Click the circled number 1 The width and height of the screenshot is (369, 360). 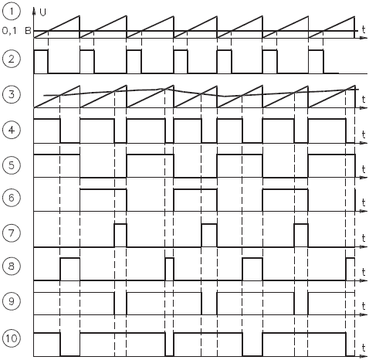(x=12, y=12)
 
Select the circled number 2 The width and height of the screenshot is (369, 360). (x=12, y=59)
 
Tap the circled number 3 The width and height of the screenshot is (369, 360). (x=12, y=94)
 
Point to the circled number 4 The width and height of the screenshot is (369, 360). (x=12, y=130)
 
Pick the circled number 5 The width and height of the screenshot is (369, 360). (x=12, y=165)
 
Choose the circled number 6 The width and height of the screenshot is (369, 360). (x=12, y=198)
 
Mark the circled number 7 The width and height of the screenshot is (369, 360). (x=12, y=233)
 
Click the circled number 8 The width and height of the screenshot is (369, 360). (x=12, y=267)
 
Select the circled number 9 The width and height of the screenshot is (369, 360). (x=12, y=301)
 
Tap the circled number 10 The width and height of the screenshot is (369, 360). (x=12, y=338)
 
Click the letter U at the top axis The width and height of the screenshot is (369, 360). (x=43, y=12)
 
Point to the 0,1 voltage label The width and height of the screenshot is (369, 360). (x=9, y=31)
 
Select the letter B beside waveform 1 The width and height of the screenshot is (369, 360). (x=28, y=31)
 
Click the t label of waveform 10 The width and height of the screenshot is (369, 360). (x=364, y=348)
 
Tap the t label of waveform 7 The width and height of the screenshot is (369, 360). (x=364, y=238)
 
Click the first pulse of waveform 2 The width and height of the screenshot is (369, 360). (x=41, y=62)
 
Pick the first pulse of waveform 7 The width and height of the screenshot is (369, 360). (x=120, y=236)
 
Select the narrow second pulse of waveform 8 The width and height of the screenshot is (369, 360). (x=170, y=269)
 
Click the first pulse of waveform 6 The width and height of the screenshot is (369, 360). (x=103, y=200)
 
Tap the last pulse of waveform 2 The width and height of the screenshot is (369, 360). (x=316, y=62)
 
